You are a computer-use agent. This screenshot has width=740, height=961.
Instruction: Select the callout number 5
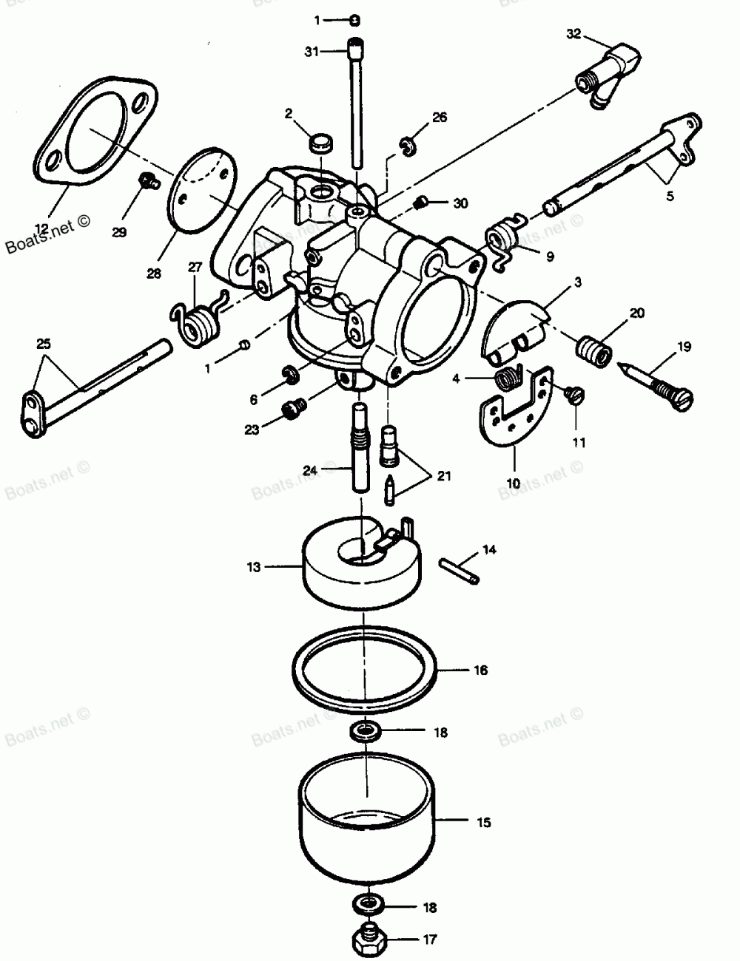[669, 197]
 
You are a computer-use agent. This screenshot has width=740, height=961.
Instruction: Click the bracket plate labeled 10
[514, 414]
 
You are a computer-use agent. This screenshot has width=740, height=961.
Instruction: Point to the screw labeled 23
[295, 407]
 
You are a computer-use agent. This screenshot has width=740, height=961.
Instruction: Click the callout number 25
[44, 342]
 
